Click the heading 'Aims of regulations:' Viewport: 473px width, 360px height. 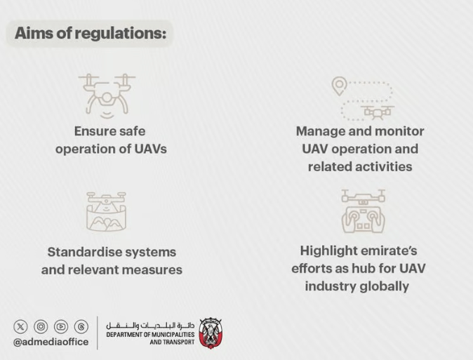[91, 33]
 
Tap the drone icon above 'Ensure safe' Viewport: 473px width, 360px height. [107, 95]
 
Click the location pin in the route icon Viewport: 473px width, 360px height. [340, 86]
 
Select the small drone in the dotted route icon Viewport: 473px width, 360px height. [377, 112]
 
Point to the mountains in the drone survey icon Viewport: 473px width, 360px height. [106, 222]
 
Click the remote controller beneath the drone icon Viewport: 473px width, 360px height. [364, 220]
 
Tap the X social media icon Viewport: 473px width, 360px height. [20, 326]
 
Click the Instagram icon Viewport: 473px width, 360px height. [41, 326]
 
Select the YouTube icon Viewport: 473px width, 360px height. [61, 326]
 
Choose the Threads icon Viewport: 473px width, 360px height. [81, 326]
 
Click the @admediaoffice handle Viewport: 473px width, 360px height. [51, 342]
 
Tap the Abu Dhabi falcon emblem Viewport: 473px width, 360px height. [211, 333]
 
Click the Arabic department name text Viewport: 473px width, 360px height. [150, 326]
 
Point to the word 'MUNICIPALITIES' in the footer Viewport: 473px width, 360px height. [173, 335]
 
